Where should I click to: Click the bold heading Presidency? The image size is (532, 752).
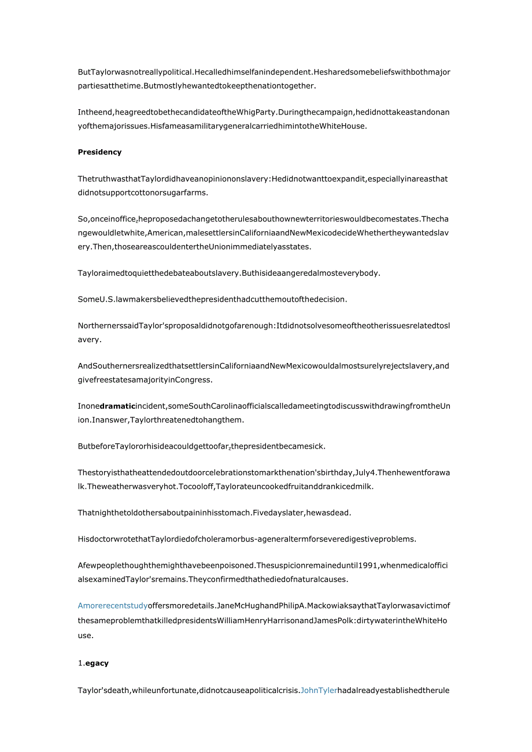[x=99, y=152]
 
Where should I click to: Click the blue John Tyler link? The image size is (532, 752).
[x=319, y=690]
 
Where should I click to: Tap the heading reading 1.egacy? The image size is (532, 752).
[x=94, y=663]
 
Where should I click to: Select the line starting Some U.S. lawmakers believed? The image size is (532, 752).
[x=212, y=299]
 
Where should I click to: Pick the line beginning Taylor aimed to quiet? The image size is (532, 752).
[x=229, y=272]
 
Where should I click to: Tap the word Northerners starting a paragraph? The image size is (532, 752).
[x=98, y=325]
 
